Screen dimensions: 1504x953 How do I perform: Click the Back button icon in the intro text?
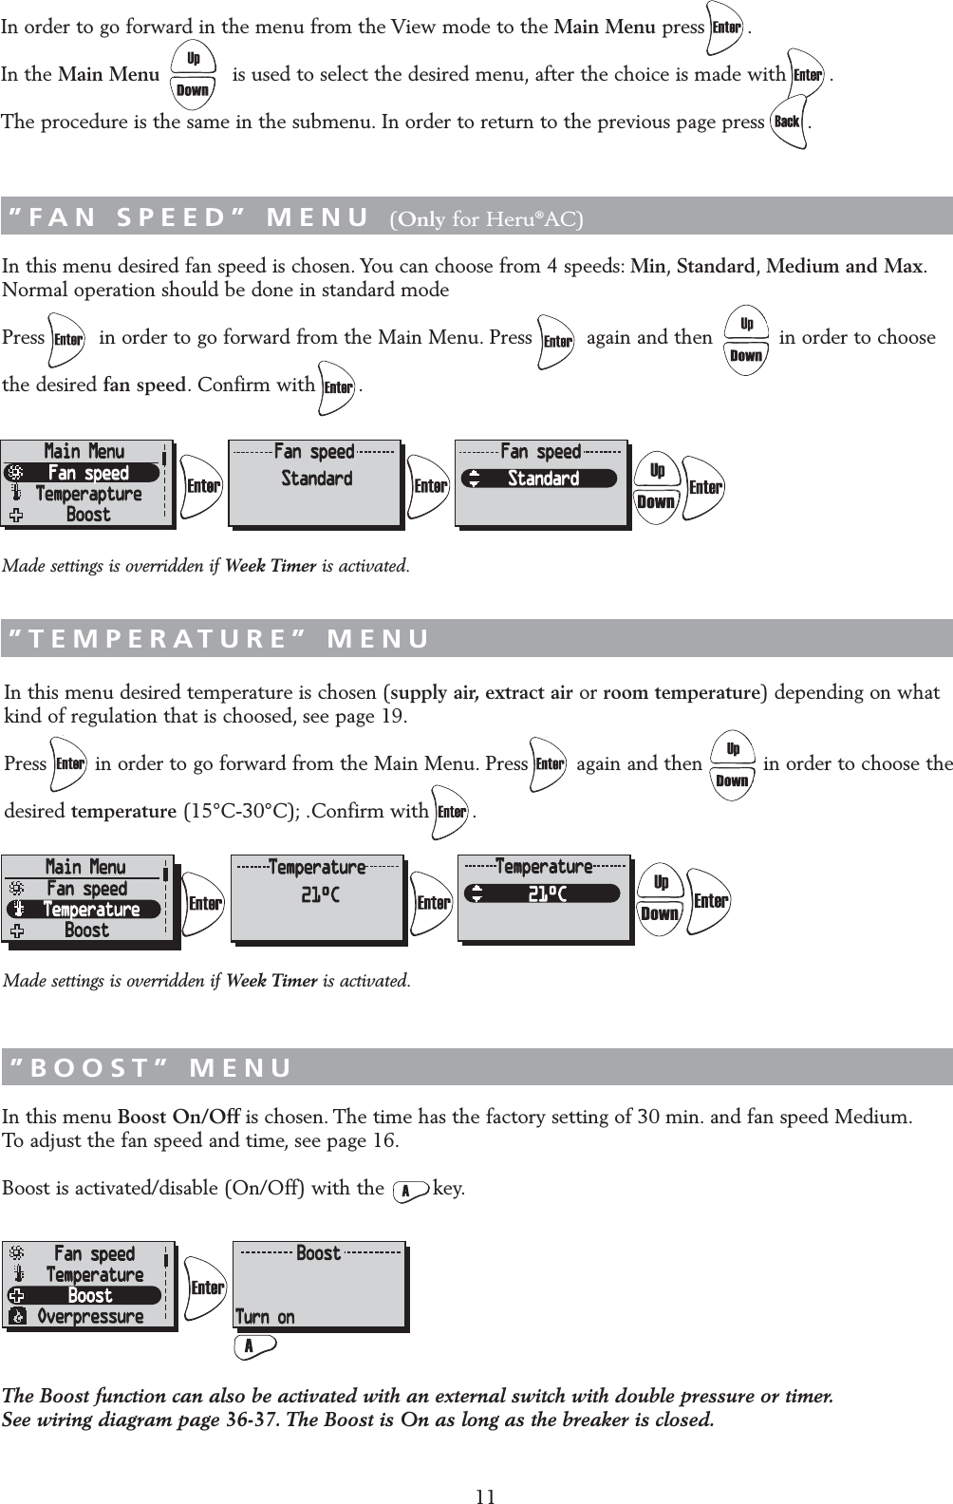tap(788, 122)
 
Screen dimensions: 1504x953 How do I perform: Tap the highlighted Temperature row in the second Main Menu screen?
tap(85, 910)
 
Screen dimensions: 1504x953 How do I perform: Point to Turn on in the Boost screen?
tap(265, 1317)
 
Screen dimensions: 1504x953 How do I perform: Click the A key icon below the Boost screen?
tap(253, 1346)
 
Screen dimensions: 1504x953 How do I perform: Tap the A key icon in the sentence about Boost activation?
tap(409, 1190)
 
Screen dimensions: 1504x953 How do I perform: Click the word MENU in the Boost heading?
tap(241, 1068)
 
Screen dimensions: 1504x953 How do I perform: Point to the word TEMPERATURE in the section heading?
tap(158, 639)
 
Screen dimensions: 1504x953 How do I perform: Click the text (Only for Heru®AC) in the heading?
tap(487, 220)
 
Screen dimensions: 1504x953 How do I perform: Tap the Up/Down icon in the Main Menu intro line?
tap(193, 75)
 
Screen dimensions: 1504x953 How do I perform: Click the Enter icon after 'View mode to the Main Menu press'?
tap(726, 28)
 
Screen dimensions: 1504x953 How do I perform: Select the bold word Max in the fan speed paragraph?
tap(903, 266)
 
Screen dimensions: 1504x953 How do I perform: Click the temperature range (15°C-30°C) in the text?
tap(238, 812)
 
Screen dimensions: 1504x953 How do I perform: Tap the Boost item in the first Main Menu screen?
tap(87, 515)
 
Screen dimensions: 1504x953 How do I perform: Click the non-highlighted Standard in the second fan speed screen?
tap(316, 479)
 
